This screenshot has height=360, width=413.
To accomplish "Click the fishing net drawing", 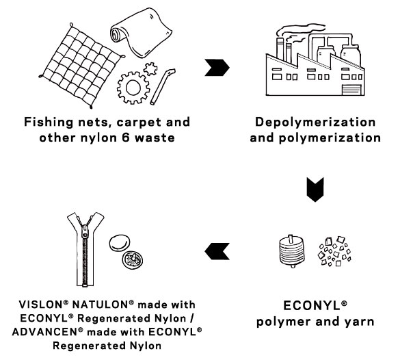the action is pos(81,66).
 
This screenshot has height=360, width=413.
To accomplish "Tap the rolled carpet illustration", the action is pos(141,33).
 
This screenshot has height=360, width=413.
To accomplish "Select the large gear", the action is pos(133,88).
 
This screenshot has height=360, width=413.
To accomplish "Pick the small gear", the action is pos(150,69).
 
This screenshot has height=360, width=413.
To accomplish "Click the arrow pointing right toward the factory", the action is pos(217,68).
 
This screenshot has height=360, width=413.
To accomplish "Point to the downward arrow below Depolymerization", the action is pos(315,190).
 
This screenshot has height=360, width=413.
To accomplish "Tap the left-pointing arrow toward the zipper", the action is pos(217,251).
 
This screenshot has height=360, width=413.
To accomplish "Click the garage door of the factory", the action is pos(351,90).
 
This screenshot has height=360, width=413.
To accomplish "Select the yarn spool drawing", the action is pos(291,251).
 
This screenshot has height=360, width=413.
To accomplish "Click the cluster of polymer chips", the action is pos(334,251).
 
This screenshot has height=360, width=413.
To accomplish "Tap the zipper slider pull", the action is pos(85,232).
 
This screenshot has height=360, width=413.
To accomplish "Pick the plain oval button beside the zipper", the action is pos(120,243).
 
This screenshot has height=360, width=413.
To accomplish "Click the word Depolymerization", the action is pos(315,122).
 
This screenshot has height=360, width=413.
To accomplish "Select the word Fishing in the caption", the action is pos(49,123).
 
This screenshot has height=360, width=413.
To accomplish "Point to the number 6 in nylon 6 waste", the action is pos(125,138).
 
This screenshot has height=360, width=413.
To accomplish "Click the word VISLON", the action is pos(41,305).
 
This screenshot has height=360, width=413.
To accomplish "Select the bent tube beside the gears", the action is pos(163,86).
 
